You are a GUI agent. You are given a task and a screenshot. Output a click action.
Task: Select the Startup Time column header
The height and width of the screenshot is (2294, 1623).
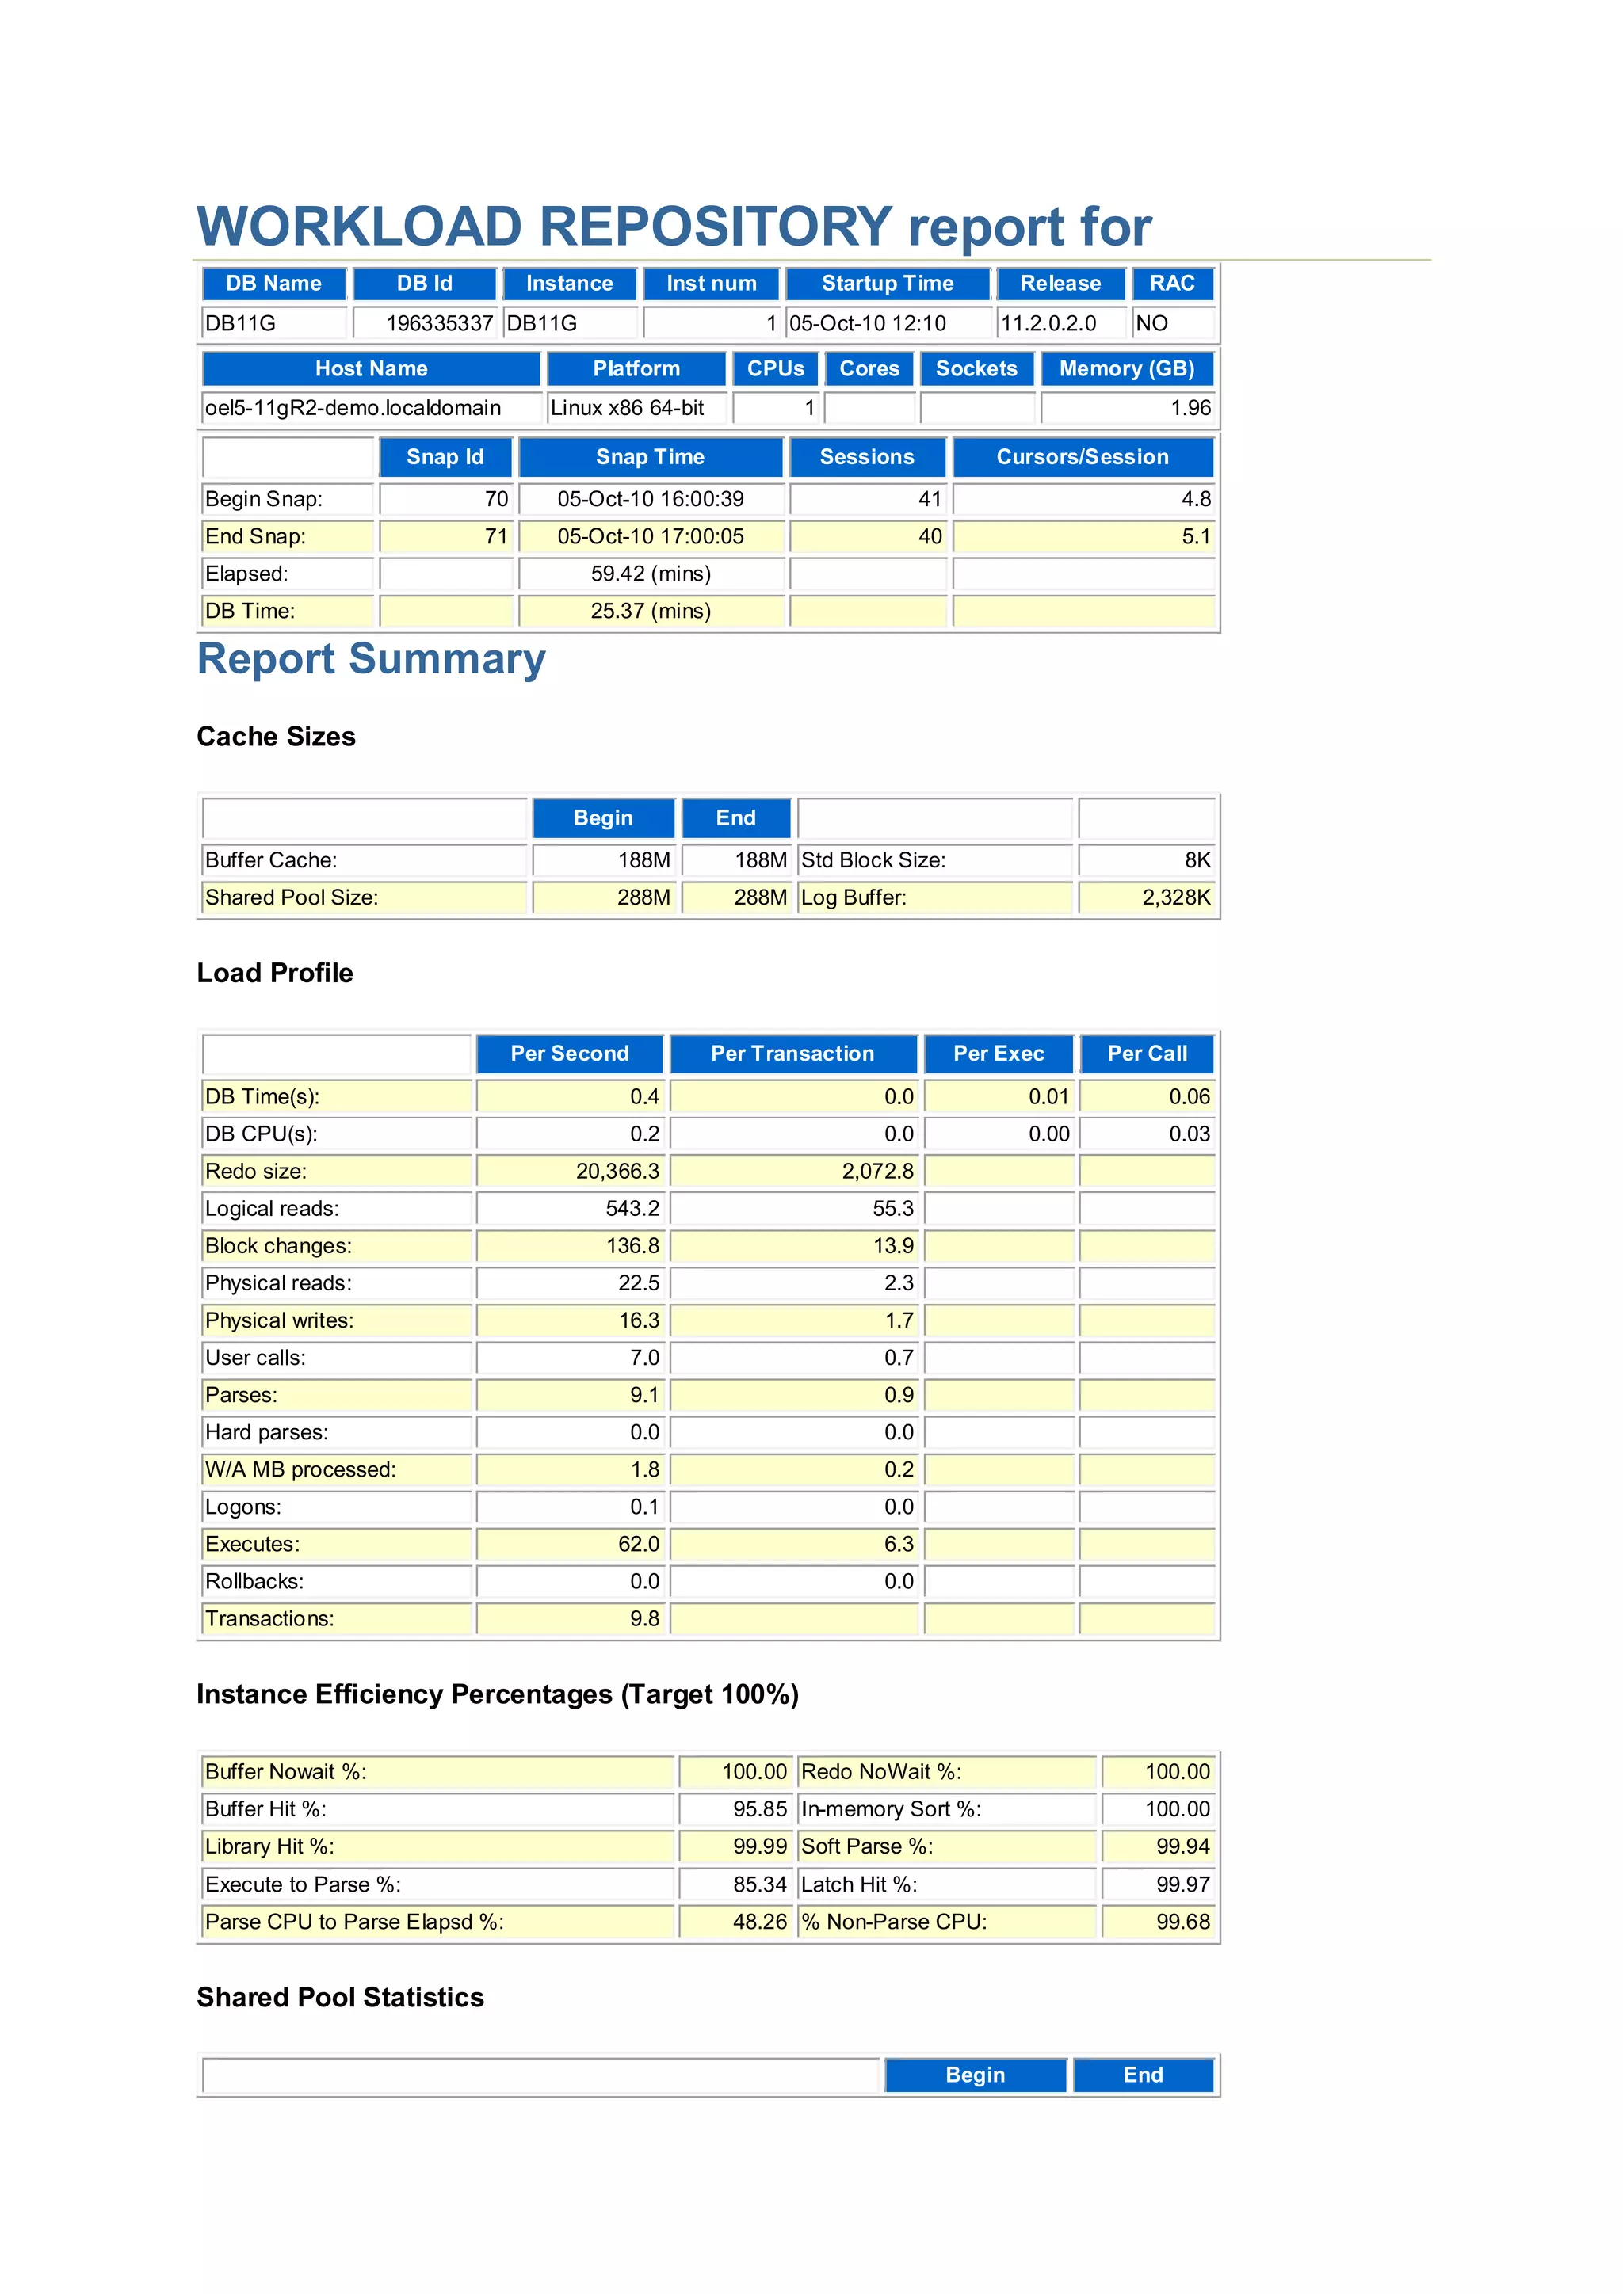[x=888, y=284]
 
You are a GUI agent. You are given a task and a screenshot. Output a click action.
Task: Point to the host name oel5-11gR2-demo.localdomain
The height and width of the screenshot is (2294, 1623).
[x=353, y=408]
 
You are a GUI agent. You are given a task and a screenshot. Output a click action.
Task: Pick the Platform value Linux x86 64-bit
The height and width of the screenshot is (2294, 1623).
[x=628, y=408]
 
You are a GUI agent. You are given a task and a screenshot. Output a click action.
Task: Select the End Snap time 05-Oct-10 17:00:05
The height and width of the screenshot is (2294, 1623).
[x=651, y=536]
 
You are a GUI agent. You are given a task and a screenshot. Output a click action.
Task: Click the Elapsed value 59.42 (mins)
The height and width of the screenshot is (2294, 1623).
[x=651, y=573]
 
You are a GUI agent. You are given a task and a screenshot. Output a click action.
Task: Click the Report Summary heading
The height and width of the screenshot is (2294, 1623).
[x=371, y=659]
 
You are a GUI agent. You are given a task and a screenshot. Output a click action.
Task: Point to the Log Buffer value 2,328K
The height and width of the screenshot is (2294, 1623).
[x=1175, y=897]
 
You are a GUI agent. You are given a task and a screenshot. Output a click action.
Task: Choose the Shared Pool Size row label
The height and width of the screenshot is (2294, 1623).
[x=292, y=897]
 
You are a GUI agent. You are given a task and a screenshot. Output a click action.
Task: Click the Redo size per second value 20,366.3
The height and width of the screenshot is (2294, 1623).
[x=617, y=1171]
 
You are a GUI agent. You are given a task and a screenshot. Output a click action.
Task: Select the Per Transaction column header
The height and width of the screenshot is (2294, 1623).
[x=792, y=1054]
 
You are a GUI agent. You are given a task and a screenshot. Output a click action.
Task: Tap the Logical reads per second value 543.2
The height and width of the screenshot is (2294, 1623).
[x=632, y=1208]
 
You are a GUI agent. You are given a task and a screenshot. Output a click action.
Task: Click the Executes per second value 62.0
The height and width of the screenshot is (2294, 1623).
[x=639, y=1544]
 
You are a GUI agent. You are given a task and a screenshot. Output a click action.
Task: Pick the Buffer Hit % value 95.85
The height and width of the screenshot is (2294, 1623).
[x=759, y=1808]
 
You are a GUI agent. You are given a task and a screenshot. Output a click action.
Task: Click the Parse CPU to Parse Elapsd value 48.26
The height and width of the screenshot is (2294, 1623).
[x=759, y=1922]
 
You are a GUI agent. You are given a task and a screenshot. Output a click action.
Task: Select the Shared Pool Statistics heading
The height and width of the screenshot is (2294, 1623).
[x=340, y=1997]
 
